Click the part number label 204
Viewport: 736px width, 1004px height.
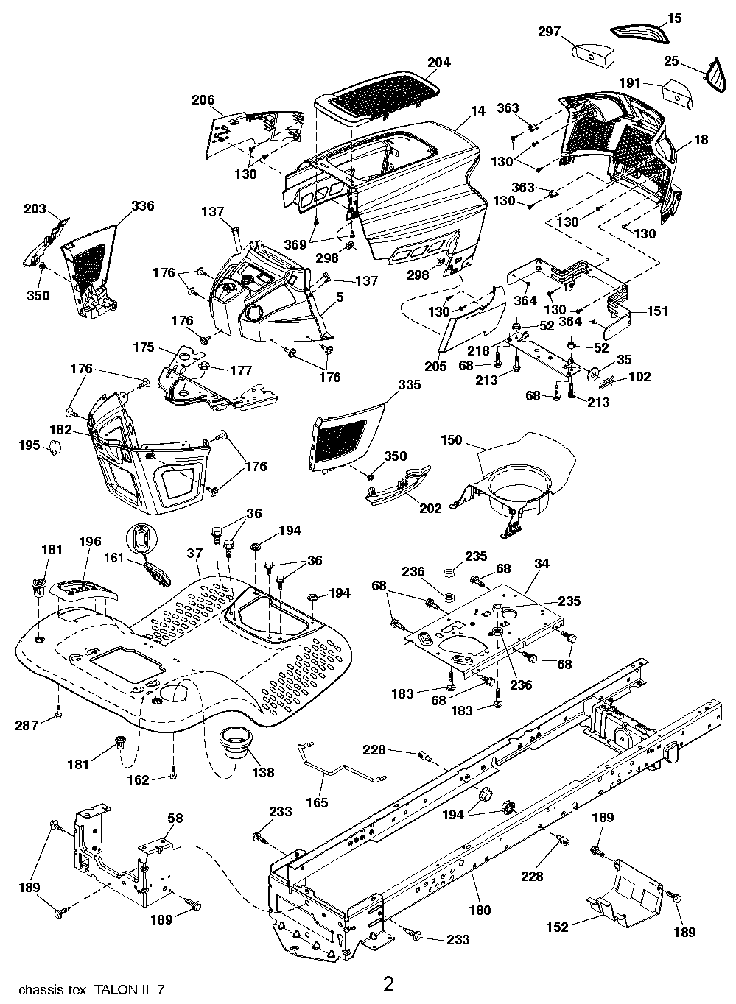pos(438,63)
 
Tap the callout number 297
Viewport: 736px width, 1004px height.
pos(549,32)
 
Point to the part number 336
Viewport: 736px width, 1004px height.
pos(143,205)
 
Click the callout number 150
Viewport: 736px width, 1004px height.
pos(451,440)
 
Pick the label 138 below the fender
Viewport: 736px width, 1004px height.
pos(263,772)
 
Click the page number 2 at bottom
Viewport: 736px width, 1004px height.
pos(388,983)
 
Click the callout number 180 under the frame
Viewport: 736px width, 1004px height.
pos(480,911)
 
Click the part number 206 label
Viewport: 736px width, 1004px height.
pos(203,100)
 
